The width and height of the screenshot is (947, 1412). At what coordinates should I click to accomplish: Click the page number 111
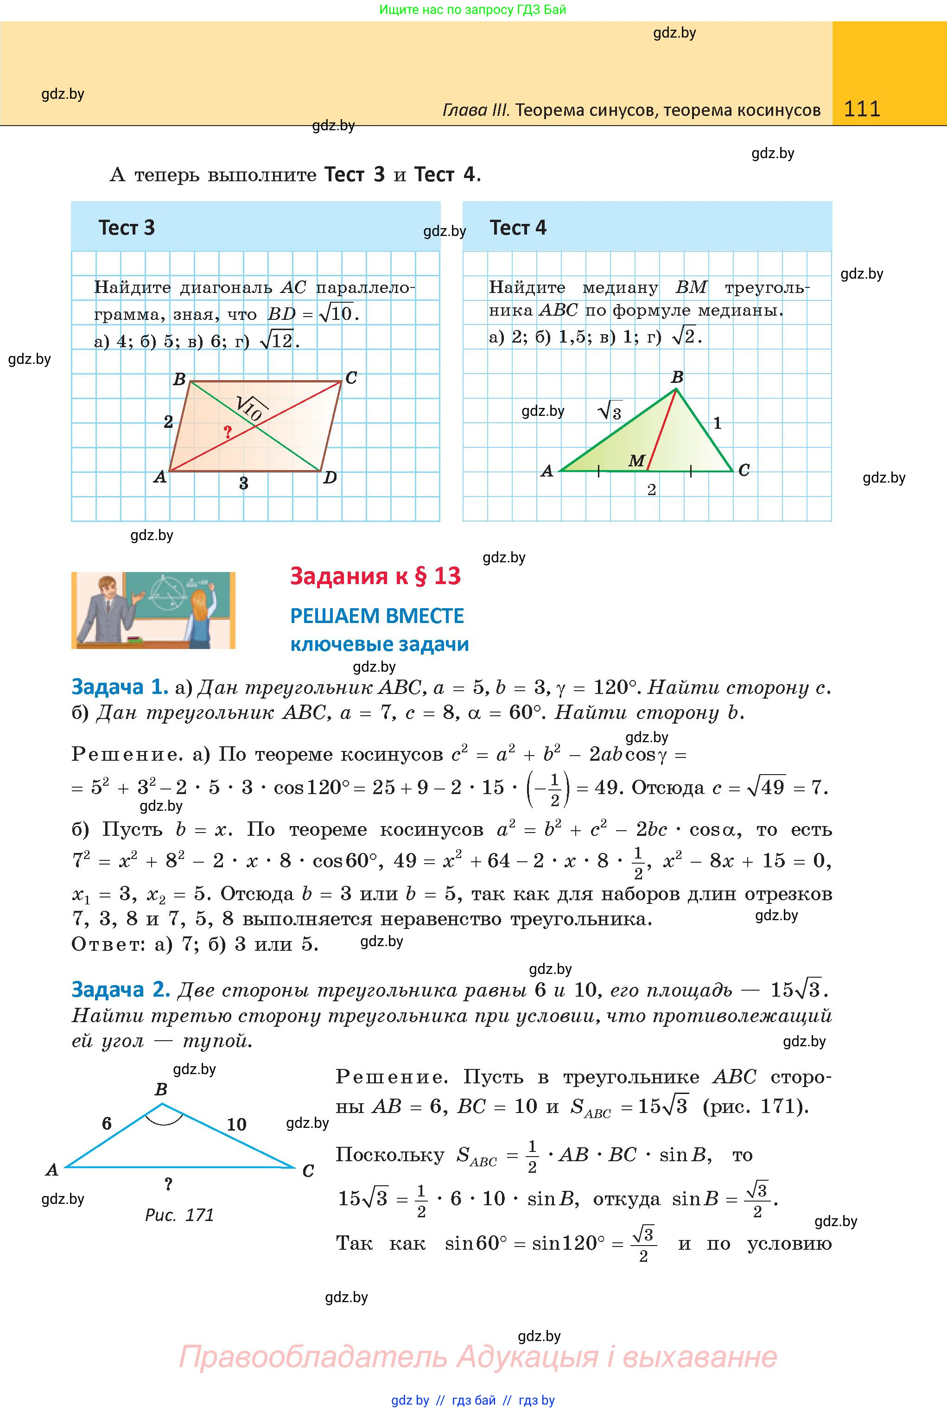862,109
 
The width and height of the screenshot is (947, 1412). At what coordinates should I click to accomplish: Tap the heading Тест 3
127,228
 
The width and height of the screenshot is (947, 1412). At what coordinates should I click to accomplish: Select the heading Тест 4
518,228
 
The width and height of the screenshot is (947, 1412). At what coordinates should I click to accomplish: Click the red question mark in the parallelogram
227,432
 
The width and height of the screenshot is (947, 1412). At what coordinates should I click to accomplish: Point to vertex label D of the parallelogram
330,478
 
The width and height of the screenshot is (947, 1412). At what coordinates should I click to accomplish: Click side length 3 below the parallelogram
243,483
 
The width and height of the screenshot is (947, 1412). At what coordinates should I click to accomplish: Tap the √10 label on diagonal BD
249,408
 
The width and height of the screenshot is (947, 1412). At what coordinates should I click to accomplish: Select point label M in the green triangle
636,461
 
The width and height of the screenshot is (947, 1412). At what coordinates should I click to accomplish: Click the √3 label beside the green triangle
610,411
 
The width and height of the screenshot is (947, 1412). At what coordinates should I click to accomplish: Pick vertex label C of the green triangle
744,470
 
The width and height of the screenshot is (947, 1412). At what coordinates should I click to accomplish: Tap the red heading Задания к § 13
375,576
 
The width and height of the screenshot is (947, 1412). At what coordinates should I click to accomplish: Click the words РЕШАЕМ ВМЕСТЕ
377,616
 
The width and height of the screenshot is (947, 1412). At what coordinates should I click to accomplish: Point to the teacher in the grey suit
108,611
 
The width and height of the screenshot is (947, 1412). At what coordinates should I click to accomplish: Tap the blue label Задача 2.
120,990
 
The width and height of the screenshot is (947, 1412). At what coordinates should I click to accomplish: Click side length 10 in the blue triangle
236,1125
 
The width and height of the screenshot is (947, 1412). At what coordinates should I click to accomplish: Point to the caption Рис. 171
179,1215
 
